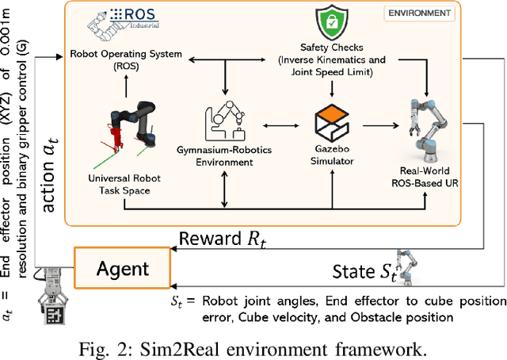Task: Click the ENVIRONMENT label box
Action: pos(420,13)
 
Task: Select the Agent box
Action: pos(122,268)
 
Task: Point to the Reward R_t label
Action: pos(221,239)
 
